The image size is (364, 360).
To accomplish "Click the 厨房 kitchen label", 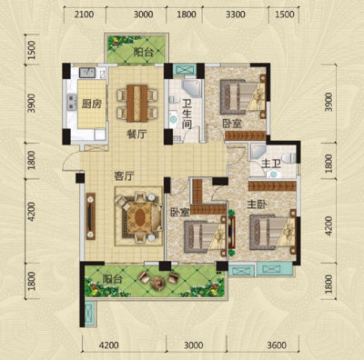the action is [91, 104].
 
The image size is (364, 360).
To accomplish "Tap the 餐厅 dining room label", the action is [136, 134].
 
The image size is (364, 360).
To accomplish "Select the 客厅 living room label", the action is [124, 176].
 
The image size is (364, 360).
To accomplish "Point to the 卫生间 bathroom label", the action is [187, 115].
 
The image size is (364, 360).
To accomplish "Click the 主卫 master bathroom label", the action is [270, 164].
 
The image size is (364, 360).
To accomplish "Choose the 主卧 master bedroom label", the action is [257, 205].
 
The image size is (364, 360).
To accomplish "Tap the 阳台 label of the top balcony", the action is [143, 52].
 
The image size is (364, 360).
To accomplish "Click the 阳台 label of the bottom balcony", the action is [112, 279].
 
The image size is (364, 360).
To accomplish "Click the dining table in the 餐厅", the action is [137, 104].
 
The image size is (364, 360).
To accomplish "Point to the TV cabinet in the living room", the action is [91, 216].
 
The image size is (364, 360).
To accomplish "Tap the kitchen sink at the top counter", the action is [87, 72].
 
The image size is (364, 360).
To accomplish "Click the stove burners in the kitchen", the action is [72, 102].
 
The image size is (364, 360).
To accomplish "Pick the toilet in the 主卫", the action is [288, 157].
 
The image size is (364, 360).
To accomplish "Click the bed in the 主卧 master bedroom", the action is [272, 232].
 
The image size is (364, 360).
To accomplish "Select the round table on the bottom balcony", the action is [157, 283].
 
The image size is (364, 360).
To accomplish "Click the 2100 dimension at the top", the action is [84, 15].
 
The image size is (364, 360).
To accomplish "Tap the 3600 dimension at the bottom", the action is [277, 345].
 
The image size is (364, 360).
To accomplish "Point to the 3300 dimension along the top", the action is [236, 15].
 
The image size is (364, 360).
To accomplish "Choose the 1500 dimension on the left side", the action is [31, 50].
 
